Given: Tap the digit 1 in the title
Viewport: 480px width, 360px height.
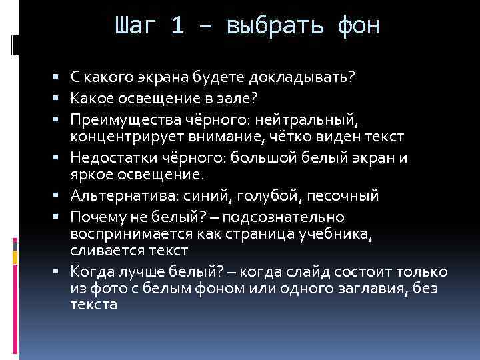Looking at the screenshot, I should click(x=177, y=27).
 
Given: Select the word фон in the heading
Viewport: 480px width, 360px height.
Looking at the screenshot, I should click(x=358, y=27).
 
